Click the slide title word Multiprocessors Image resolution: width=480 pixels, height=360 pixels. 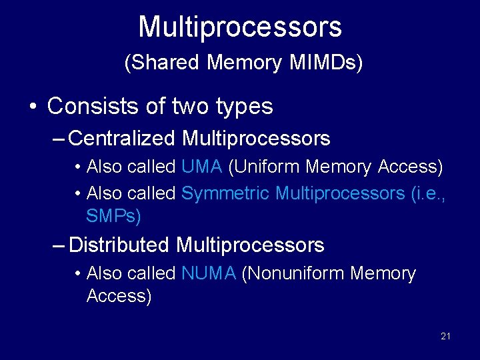240,27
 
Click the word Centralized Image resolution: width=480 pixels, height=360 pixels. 122,139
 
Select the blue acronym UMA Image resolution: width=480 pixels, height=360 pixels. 202,167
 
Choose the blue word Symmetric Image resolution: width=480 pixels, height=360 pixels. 225,193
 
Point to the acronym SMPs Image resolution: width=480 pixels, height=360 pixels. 113,216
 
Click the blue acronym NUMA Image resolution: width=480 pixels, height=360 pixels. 209,273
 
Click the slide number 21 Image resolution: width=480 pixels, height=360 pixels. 445,336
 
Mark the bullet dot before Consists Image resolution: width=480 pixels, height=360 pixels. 31,107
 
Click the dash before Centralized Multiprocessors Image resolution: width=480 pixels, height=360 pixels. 59,139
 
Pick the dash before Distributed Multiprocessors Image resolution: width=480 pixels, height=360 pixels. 59,246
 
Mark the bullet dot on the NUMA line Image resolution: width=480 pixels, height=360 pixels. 79,274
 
